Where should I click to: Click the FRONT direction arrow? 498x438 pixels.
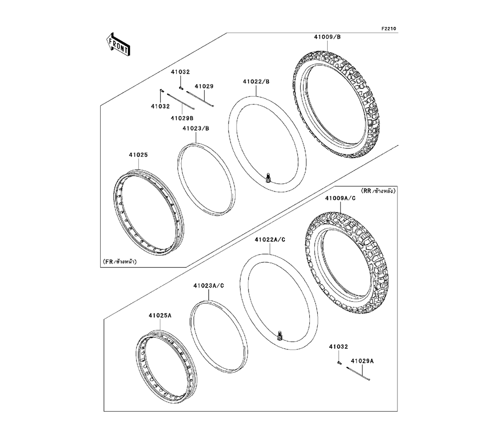coord(119,44)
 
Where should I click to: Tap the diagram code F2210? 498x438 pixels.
coord(389,29)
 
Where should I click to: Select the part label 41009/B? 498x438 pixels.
coord(327,37)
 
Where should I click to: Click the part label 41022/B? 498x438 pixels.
coord(256,82)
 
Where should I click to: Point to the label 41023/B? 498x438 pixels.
coord(195,128)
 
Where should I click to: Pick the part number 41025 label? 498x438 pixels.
coord(138,155)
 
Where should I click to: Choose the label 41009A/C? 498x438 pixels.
coord(340,198)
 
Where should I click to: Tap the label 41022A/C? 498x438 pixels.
coord(269,239)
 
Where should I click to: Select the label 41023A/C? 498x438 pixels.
coord(209,286)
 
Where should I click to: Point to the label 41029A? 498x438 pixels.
coord(362,360)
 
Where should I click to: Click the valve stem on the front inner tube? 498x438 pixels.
coord(269,177)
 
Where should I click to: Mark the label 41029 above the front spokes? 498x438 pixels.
coord(204,86)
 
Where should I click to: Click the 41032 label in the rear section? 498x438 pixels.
coord(338,346)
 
